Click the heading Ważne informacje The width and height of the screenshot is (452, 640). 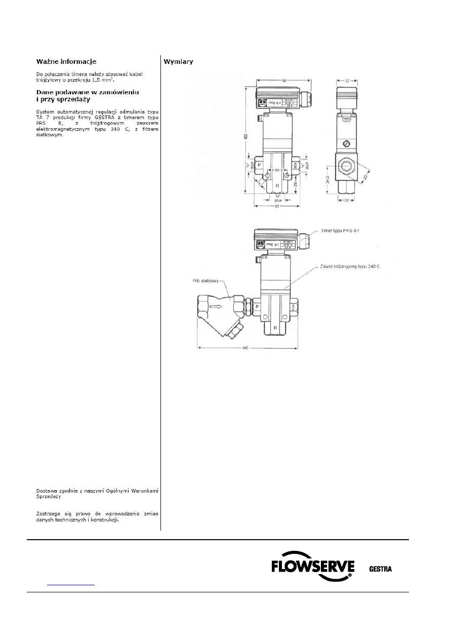(x=66, y=62)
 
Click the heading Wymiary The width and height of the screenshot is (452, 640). (x=178, y=62)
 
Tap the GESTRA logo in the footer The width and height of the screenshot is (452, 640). (x=380, y=569)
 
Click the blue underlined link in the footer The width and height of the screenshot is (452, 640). (x=70, y=584)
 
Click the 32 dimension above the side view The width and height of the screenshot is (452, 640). (x=347, y=80)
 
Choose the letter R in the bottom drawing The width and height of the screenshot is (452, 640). (x=276, y=328)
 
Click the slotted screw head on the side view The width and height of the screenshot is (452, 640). (x=347, y=143)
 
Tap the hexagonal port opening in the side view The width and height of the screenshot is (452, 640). (x=347, y=165)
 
